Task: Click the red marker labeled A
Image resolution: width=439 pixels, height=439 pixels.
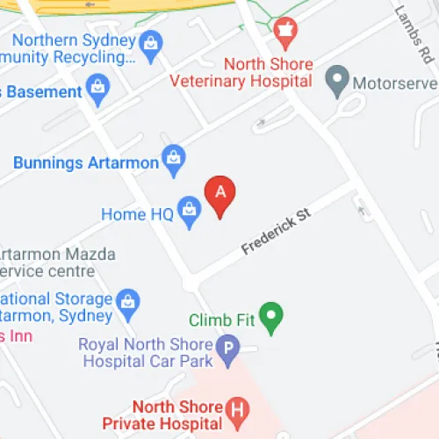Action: (x=219, y=195)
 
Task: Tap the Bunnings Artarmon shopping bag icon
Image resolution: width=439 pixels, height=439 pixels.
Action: (x=174, y=159)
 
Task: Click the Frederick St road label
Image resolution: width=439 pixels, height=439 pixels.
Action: (x=277, y=232)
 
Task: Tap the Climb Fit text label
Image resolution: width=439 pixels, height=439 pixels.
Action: (x=221, y=320)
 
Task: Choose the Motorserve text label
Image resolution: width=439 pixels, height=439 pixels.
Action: (x=392, y=84)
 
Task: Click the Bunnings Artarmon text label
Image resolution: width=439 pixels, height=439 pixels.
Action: (x=86, y=162)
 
